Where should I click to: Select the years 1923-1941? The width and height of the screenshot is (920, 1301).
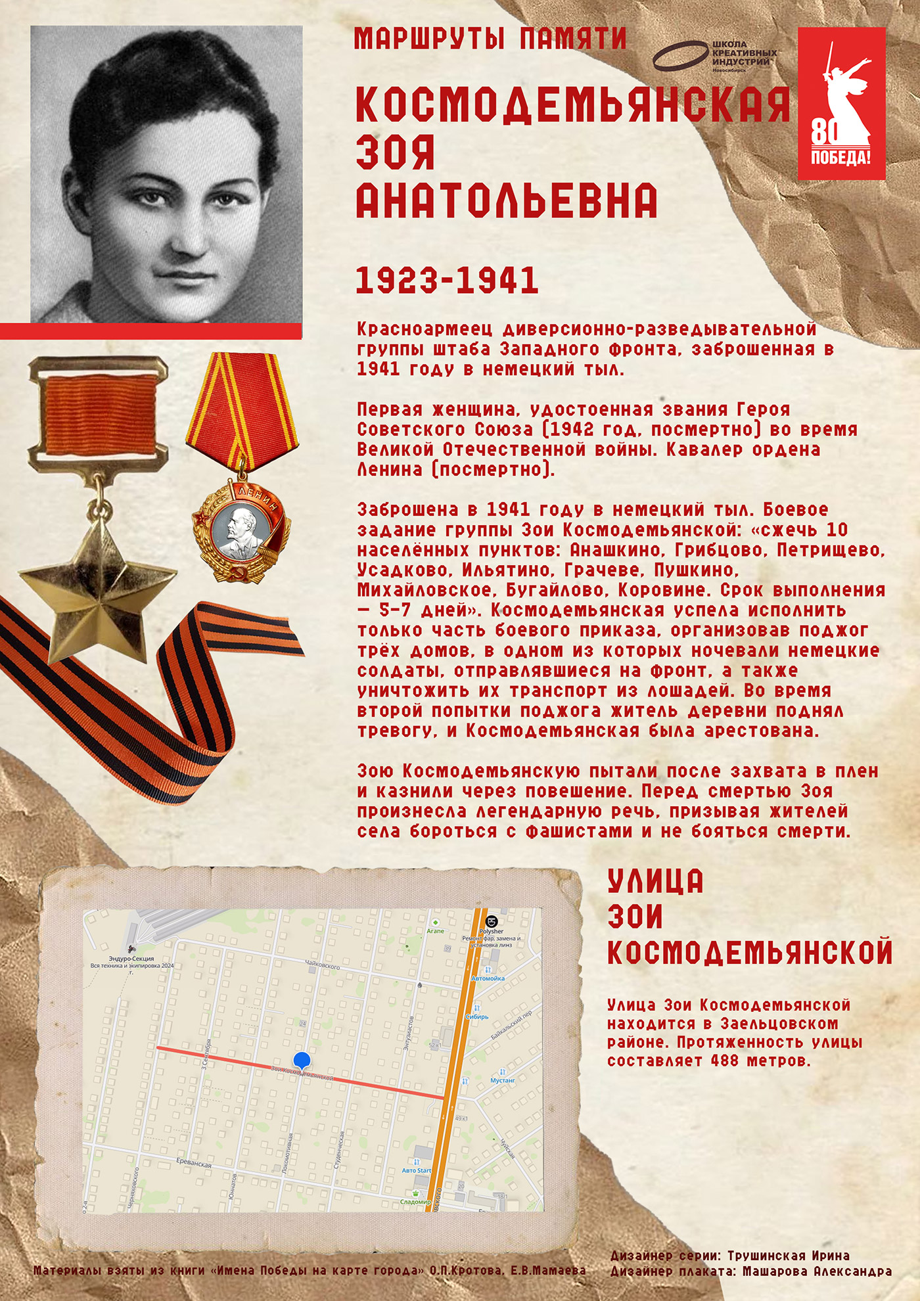pos(447,281)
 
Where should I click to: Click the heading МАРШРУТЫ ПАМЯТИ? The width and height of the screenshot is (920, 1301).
pos(490,39)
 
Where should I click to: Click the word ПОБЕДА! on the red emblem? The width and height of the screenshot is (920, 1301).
pos(840,158)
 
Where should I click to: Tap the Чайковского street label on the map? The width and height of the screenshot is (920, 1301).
pos(323,966)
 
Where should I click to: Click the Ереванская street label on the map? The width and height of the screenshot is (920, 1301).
pos(194,1163)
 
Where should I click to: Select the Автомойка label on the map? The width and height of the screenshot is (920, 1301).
pos(488,978)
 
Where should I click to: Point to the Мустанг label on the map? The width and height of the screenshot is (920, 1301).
pos(503,1080)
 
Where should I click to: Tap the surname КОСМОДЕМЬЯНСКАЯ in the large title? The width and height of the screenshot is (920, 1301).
pos(573,105)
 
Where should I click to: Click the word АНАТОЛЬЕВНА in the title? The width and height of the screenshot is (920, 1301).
pos(506,201)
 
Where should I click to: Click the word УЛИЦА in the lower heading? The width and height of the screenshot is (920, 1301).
pos(655,882)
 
